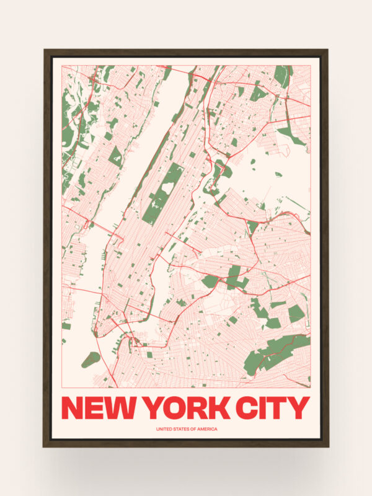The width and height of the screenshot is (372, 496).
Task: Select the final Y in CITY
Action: click(298, 407)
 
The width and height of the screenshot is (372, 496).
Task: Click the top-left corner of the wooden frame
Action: click(45, 51)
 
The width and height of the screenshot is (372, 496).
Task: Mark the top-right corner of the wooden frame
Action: click(327, 51)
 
